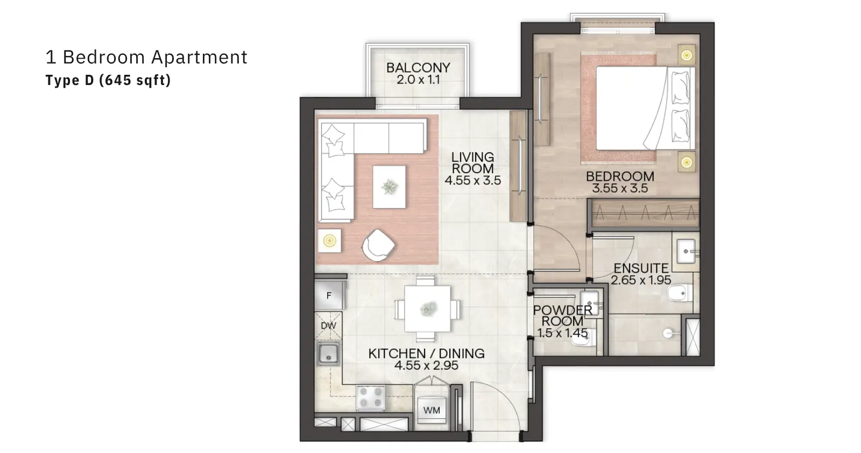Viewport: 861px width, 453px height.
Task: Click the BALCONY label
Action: (x=418, y=68)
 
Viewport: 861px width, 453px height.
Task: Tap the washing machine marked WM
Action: (x=432, y=409)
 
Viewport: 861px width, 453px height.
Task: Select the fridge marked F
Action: (x=329, y=295)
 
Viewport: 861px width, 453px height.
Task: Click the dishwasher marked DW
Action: (x=328, y=325)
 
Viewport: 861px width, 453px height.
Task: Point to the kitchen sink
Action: (x=328, y=354)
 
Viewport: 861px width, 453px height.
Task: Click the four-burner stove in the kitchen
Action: (x=371, y=397)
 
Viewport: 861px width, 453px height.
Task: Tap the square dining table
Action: (x=427, y=308)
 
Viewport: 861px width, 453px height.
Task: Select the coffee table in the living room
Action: (x=389, y=187)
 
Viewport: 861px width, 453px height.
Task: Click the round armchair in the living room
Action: (x=378, y=245)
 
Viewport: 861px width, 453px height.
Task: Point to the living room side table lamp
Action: (x=329, y=241)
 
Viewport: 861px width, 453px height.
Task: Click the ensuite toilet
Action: (x=680, y=294)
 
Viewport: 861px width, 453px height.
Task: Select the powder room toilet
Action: (x=583, y=337)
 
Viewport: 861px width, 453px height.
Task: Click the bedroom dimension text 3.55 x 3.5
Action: (x=620, y=188)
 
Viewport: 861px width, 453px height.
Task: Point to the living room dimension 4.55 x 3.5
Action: (x=473, y=180)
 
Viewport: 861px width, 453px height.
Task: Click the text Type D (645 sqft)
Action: (x=108, y=80)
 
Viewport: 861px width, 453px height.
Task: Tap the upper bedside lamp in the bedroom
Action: (x=687, y=55)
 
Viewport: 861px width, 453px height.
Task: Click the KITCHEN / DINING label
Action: (x=427, y=353)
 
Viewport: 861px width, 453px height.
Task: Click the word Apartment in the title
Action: (x=199, y=58)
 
